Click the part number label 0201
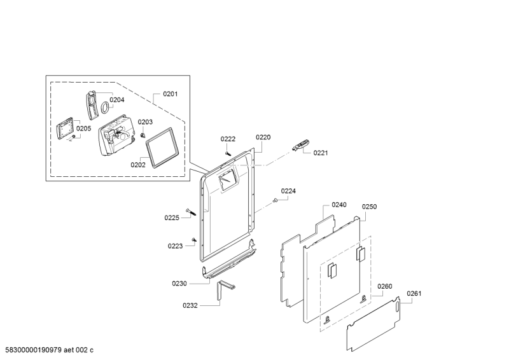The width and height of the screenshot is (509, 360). pos(170,94)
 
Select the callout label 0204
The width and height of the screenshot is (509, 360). pos(116,99)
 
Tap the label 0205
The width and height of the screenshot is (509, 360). pos(84,128)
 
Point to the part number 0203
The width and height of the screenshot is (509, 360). pos(145,121)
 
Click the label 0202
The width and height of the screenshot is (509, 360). pos(138,164)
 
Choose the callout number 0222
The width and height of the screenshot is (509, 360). pos(228,139)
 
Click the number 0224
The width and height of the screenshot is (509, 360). pos(288,191)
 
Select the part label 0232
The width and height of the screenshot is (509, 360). pos(190,305)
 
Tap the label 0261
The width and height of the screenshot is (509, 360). pos(414,293)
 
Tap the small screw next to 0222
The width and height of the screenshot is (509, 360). pos(227,151)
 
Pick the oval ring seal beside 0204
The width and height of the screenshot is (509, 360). pos(101,109)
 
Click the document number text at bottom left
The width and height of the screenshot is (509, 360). pos(49,350)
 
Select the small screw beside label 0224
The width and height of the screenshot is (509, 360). pos(275,200)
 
